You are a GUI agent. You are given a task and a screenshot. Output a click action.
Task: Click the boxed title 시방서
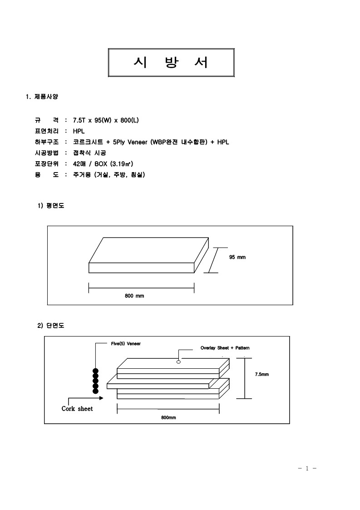coord(171,63)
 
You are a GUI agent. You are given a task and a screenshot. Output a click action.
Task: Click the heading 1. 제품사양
coord(42,97)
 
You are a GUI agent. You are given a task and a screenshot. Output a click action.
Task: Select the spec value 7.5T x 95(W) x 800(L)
coord(106,120)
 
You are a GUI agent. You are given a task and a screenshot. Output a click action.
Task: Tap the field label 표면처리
coord(47,131)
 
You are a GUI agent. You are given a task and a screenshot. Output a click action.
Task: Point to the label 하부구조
coord(47,142)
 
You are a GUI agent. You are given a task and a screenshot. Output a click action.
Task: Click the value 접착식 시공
coord(90,153)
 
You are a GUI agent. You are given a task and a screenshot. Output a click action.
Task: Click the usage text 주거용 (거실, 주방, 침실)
coord(109,175)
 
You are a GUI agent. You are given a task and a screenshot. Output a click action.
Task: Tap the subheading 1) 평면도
coord(51,206)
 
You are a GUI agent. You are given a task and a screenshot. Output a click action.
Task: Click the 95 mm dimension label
coord(237,257)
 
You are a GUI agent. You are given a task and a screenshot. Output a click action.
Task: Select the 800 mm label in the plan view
coord(134,296)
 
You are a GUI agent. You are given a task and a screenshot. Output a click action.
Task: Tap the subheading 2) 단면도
coord(51,326)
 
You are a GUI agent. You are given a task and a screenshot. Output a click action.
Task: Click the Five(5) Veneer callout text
coord(126,344)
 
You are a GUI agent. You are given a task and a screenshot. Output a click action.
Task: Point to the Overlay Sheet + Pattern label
coord(225,348)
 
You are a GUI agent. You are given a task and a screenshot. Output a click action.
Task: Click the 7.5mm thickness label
coord(262,374)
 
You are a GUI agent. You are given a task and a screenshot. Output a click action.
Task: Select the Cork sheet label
coord(77,409)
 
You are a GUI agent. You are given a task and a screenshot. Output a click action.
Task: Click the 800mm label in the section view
coord(168,418)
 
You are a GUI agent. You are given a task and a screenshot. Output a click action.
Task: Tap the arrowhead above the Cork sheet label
coord(101,398)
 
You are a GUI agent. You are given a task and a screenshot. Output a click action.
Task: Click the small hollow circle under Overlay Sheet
coord(178,361)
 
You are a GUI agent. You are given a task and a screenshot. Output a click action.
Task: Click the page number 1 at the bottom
coord(307,468)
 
